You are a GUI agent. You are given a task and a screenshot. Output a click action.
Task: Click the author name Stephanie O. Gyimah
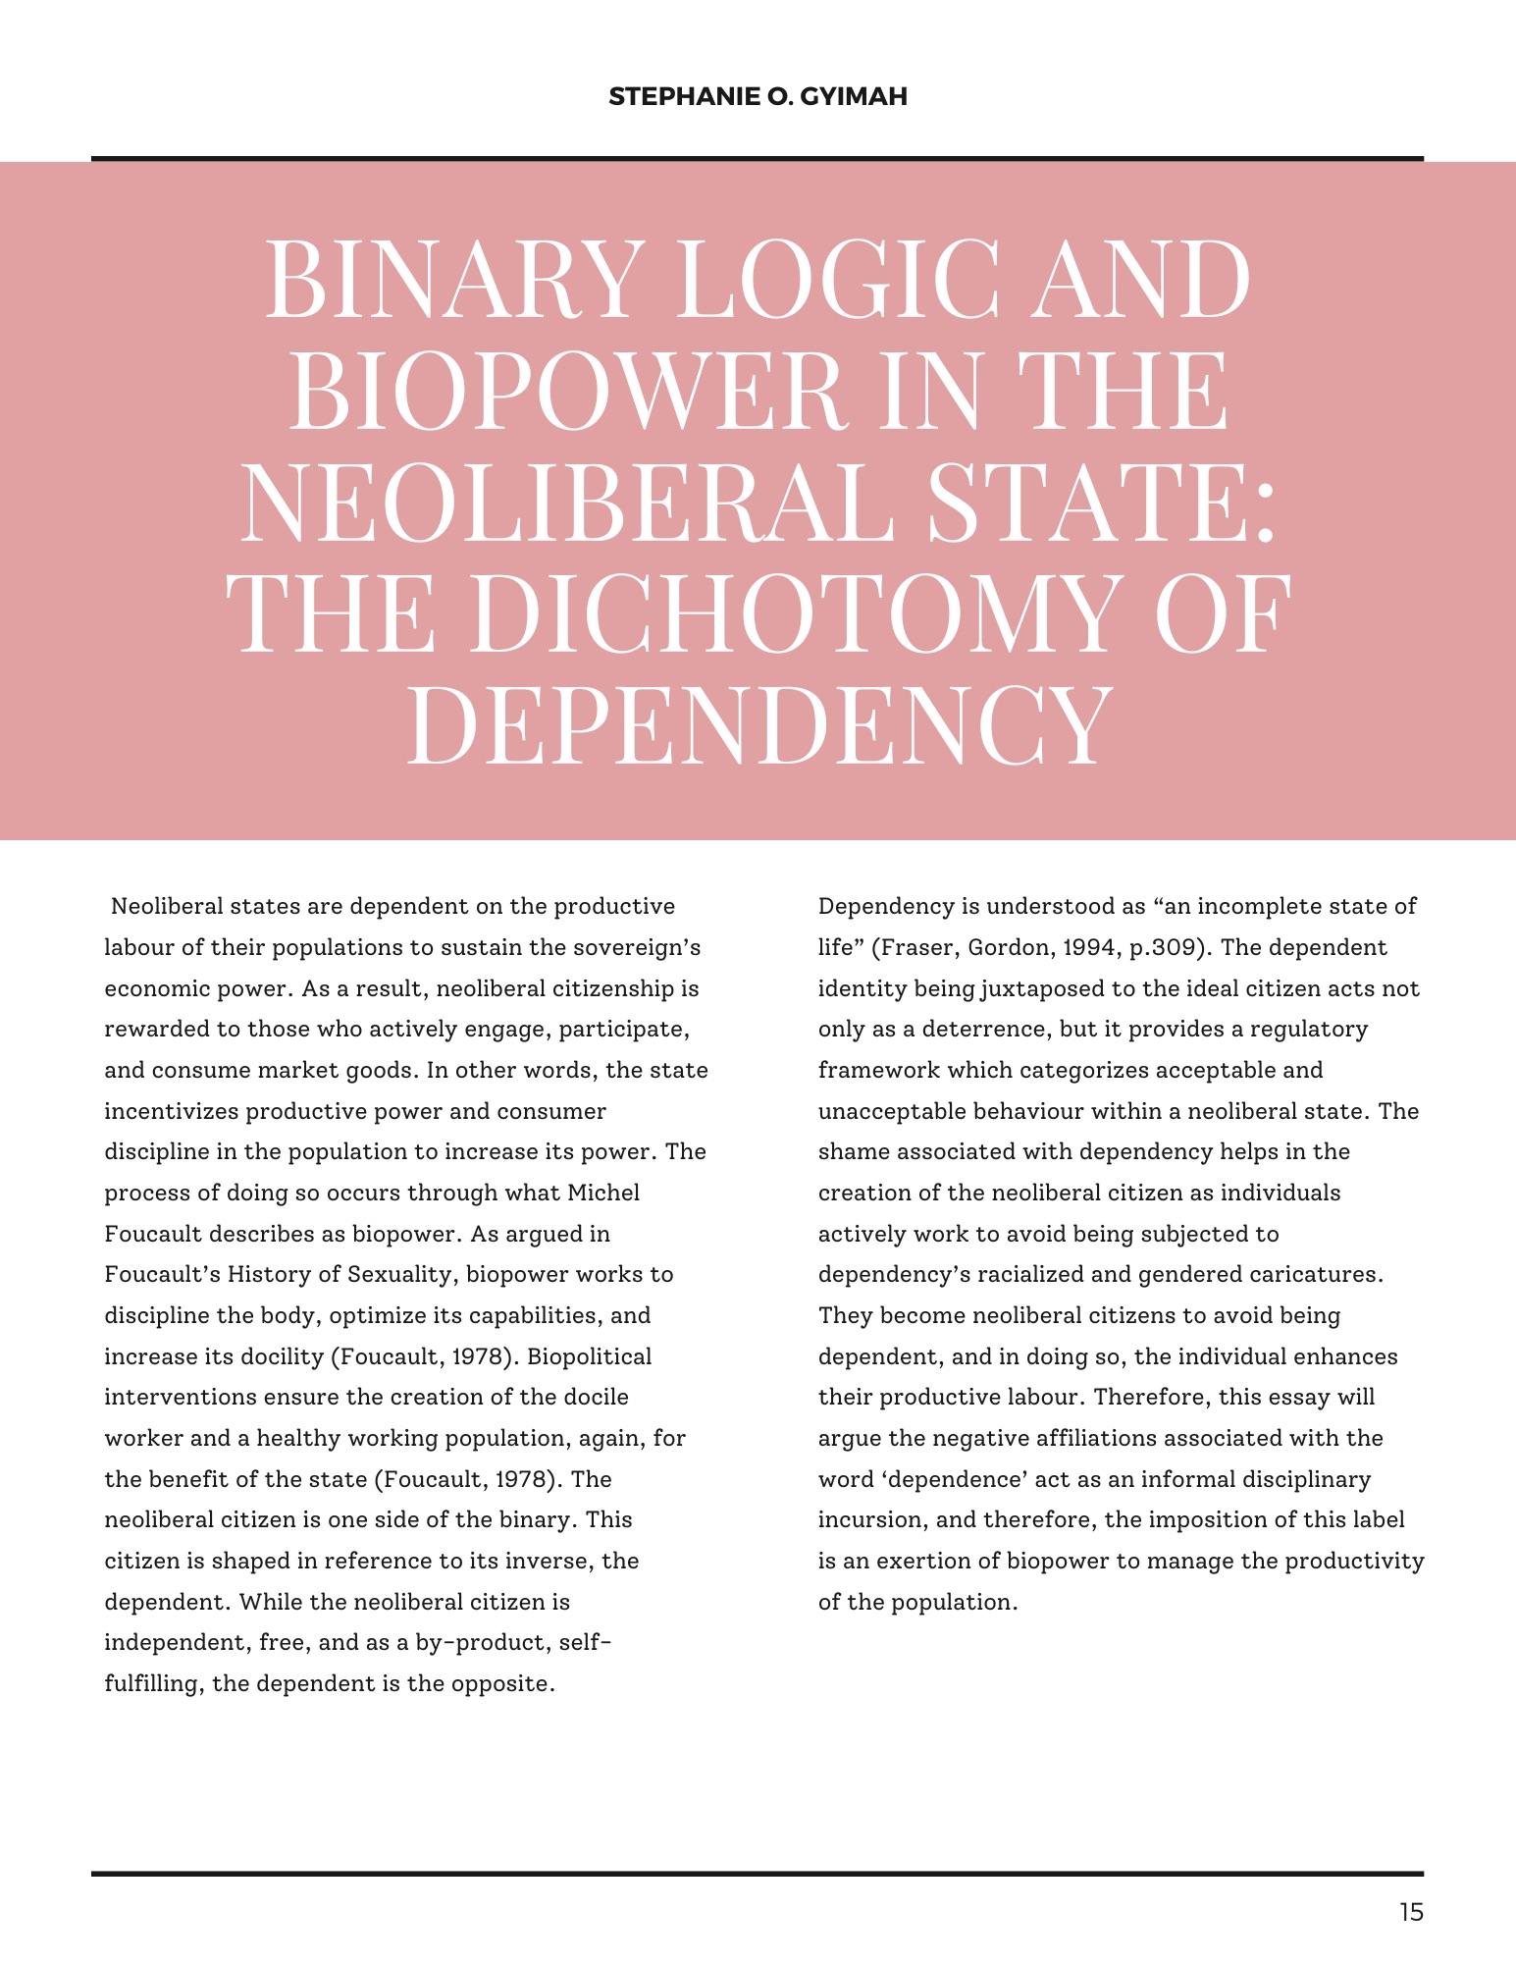coord(758,97)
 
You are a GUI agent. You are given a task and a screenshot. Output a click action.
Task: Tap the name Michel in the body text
coord(603,1193)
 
